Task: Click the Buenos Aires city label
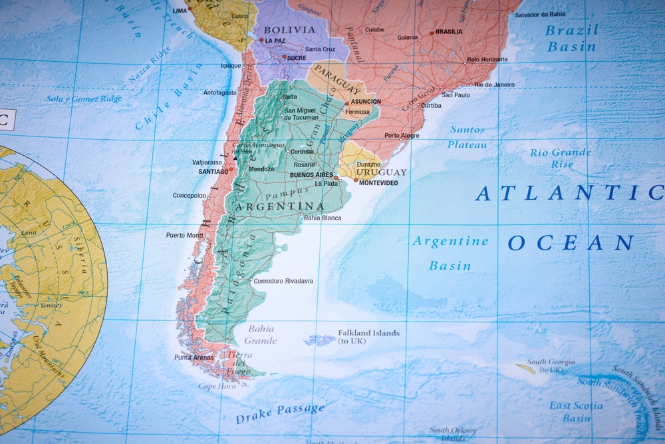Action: (312, 175)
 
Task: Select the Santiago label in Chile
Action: (213, 171)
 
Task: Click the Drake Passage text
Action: (280, 413)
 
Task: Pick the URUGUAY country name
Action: (381, 172)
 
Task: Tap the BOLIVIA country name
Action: (289, 30)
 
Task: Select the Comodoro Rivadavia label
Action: (283, 281)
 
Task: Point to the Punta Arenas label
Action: (194, 357)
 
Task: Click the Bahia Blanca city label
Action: (323, 218)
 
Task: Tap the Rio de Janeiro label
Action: (495, 85)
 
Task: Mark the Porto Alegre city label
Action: (402, 135)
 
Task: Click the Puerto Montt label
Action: (185, 235)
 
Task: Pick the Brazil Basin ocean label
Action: (571, 38)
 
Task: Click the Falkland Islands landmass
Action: (320, 340)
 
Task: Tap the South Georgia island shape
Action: (526, 367)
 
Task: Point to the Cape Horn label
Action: (217, 386)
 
